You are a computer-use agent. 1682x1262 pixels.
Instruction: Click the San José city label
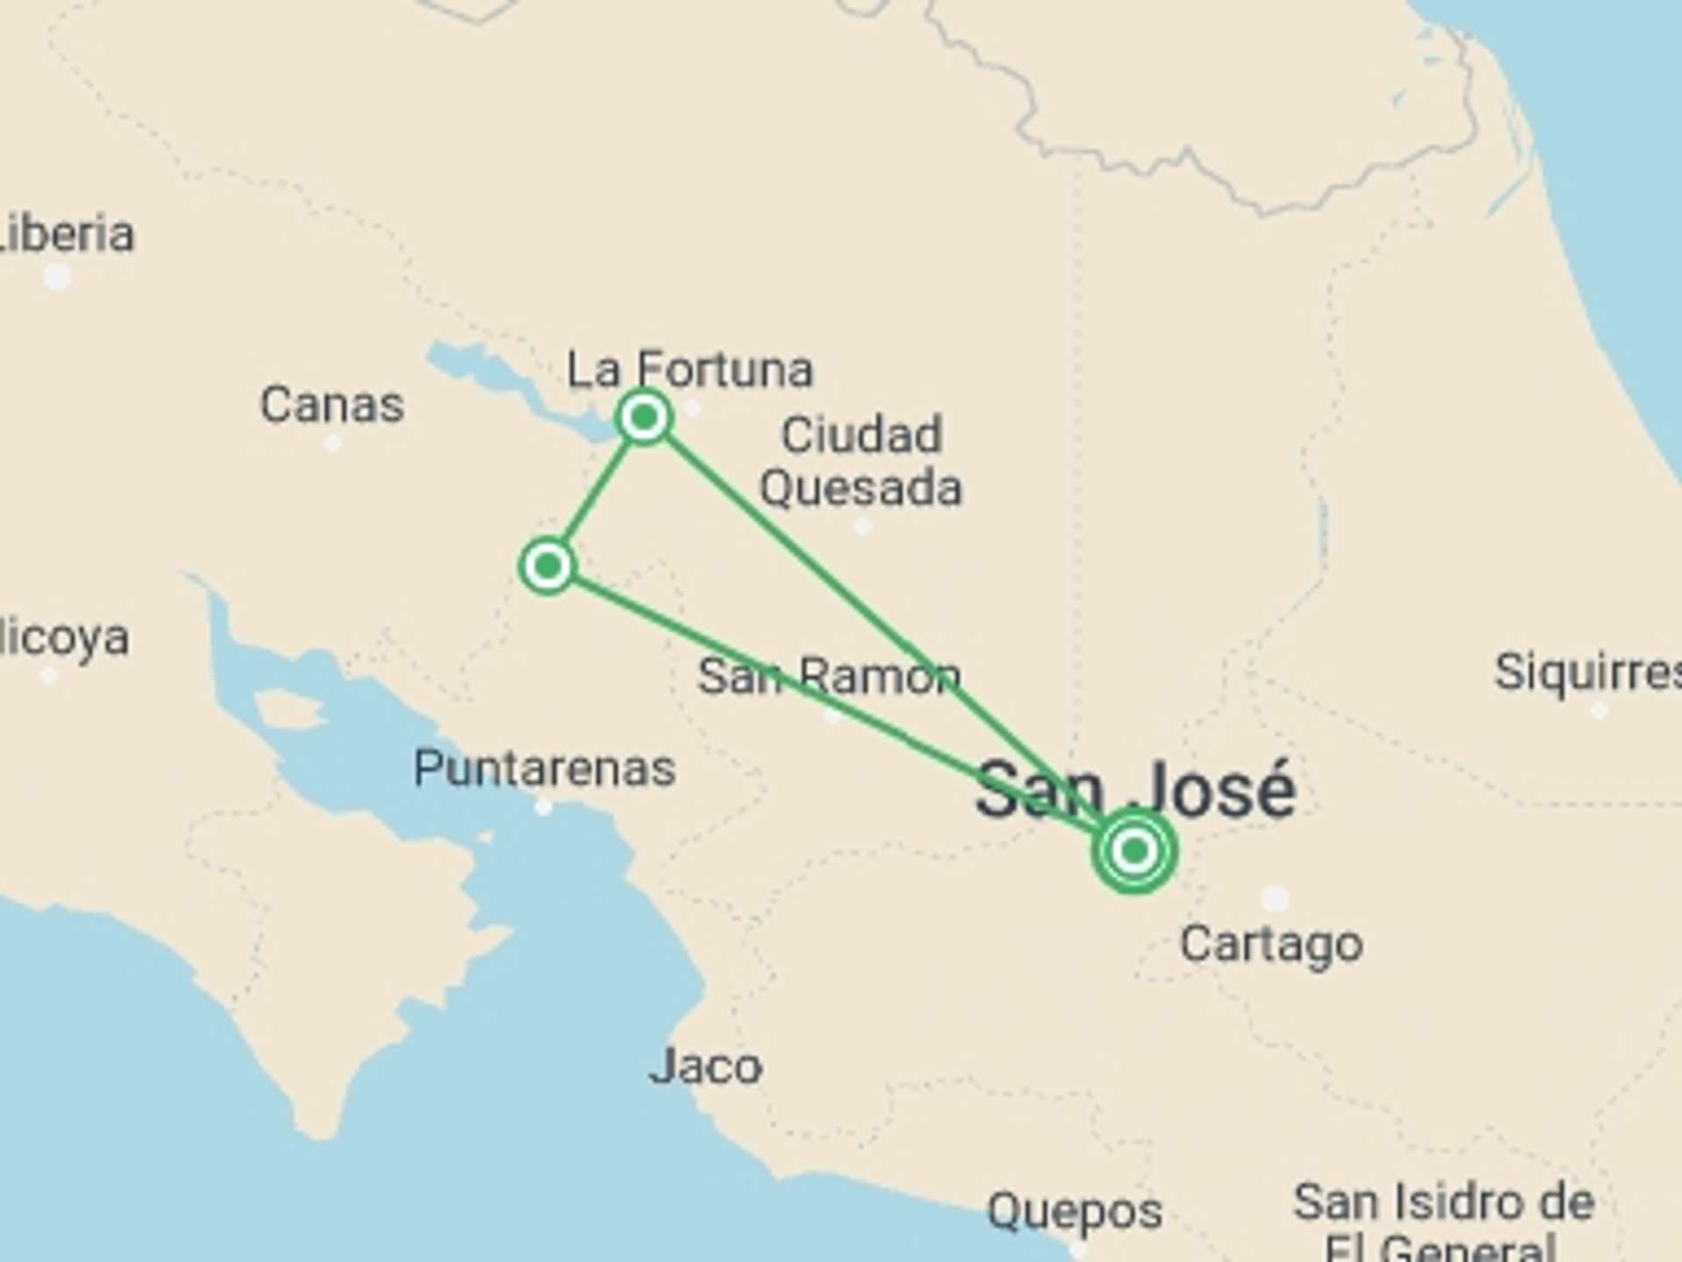1135,790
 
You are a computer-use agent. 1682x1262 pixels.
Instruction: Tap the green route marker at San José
1134,850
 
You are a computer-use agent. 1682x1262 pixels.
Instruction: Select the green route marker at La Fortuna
644,417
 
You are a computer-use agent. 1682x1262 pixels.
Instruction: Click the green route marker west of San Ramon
548,566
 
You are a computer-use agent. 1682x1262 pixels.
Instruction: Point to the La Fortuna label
690,370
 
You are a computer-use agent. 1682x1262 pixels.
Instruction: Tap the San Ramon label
829,677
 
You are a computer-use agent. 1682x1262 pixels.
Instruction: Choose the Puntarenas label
544,769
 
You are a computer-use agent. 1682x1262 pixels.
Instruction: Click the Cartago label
1271,945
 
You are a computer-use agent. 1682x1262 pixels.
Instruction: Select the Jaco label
705,1067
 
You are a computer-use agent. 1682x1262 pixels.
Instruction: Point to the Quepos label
1075,1212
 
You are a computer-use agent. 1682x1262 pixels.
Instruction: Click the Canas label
332,405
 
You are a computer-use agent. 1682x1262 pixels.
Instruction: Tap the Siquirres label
1587,673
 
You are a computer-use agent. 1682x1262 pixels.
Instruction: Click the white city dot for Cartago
1275,898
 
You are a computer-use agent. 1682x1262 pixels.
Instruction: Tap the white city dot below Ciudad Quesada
863,526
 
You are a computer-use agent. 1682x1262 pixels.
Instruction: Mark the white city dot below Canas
333,443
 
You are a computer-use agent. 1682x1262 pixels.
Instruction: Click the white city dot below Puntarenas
543,807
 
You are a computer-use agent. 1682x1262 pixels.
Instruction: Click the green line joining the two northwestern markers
596,492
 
